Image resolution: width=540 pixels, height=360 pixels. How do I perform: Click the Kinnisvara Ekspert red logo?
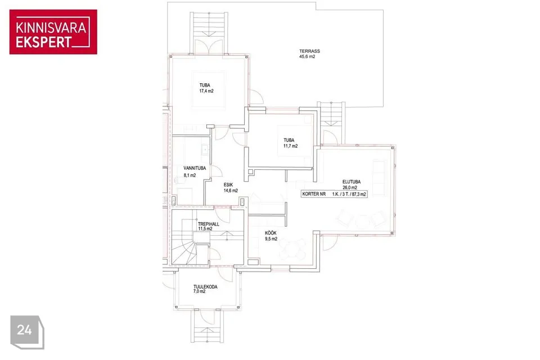53,31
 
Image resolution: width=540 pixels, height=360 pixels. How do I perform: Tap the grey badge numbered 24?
27,332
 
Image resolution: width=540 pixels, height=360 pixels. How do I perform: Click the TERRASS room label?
309,51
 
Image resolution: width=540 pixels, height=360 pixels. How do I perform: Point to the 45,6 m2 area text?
307,57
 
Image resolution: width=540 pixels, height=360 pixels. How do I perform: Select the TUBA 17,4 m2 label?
206,88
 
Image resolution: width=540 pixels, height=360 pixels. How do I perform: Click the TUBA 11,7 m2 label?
290,143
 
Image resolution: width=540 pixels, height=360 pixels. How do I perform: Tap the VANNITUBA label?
195,168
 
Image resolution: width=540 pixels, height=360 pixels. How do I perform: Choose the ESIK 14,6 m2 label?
231,188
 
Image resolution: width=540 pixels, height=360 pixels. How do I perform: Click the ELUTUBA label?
351,182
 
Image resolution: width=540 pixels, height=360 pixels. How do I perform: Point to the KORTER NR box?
334,194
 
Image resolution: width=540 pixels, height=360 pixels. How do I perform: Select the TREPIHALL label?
208,224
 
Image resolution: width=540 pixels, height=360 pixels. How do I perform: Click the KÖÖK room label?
271,233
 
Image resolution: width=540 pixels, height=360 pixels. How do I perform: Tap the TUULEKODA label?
205,287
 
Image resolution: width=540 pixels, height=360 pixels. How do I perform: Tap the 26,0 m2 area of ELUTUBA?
349,188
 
